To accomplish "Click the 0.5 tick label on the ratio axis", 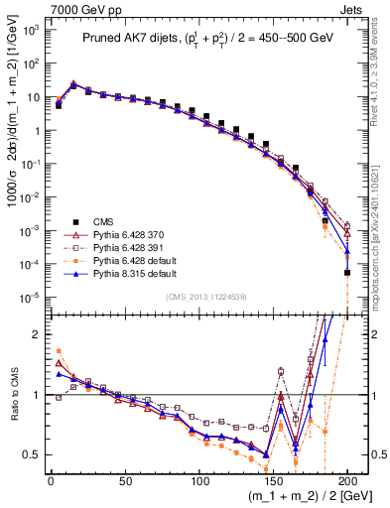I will (x=30, y=454).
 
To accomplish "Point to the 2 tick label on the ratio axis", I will (x=35, y=334).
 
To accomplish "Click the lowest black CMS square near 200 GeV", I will (x=347, y=272).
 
